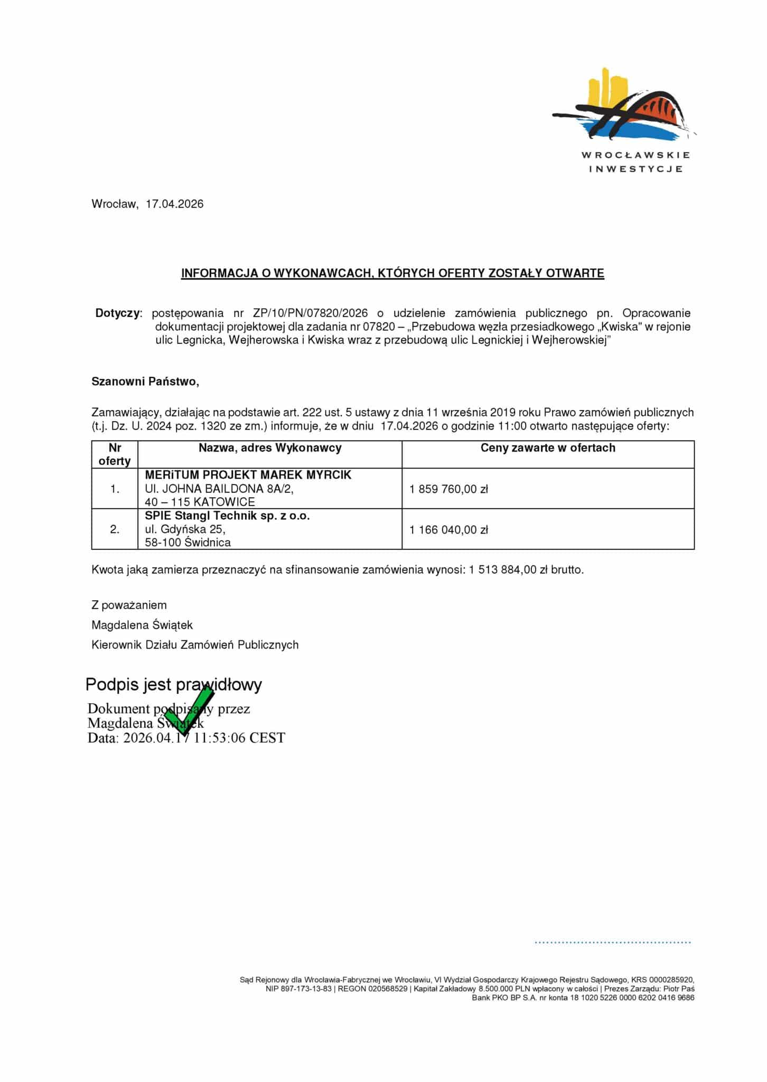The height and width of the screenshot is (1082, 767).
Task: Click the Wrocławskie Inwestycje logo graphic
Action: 624,106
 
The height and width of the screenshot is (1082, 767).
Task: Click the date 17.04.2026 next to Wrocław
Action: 174,204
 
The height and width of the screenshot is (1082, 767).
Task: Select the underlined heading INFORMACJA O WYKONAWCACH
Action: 392,273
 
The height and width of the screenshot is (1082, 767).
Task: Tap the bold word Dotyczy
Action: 118,313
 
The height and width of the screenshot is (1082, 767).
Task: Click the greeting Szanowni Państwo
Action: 145,381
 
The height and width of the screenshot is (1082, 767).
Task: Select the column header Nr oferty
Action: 115,454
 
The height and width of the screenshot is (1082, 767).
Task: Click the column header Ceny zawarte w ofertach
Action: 548,448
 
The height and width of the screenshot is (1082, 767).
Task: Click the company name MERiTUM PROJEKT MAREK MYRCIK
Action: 248,475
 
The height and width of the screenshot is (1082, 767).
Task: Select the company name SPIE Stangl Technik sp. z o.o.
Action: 227,516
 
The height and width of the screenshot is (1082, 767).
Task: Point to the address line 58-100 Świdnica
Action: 188,543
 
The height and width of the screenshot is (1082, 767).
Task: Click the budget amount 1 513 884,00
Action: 502,570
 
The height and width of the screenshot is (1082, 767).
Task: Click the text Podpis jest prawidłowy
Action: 173,685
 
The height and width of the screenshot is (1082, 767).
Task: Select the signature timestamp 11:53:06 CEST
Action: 239,738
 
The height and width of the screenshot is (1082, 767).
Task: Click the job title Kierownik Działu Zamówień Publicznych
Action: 195,645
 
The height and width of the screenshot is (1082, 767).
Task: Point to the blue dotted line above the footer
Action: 613,942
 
